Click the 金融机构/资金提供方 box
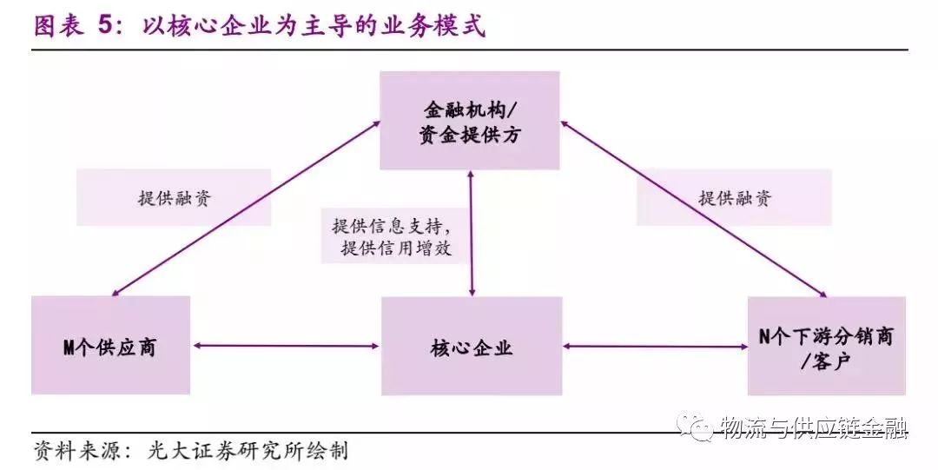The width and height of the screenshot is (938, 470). point(470,121)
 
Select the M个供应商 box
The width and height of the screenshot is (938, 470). point(110,346)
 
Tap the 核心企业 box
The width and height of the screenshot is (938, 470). point(472,346)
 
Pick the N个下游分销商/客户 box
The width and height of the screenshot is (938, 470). point(826,346)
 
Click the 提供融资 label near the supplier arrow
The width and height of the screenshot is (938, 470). point(174,197)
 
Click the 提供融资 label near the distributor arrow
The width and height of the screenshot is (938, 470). point(735,197)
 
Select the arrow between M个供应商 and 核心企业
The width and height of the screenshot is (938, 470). point(286,346)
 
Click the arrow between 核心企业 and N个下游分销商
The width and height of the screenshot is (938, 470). point(655,346)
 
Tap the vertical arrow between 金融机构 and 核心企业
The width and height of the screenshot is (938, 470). point(472,234)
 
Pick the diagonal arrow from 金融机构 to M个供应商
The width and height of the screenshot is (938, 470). point(246,209)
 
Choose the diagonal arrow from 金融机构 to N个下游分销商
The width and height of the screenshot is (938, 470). point(694,209)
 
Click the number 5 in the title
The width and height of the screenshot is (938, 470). point(106,26)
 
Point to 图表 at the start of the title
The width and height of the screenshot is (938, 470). point(59,26)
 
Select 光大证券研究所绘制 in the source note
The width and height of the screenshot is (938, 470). point(248,451)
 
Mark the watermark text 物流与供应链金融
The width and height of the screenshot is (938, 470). point(815,427)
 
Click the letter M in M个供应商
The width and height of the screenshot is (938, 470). point(69,347)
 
